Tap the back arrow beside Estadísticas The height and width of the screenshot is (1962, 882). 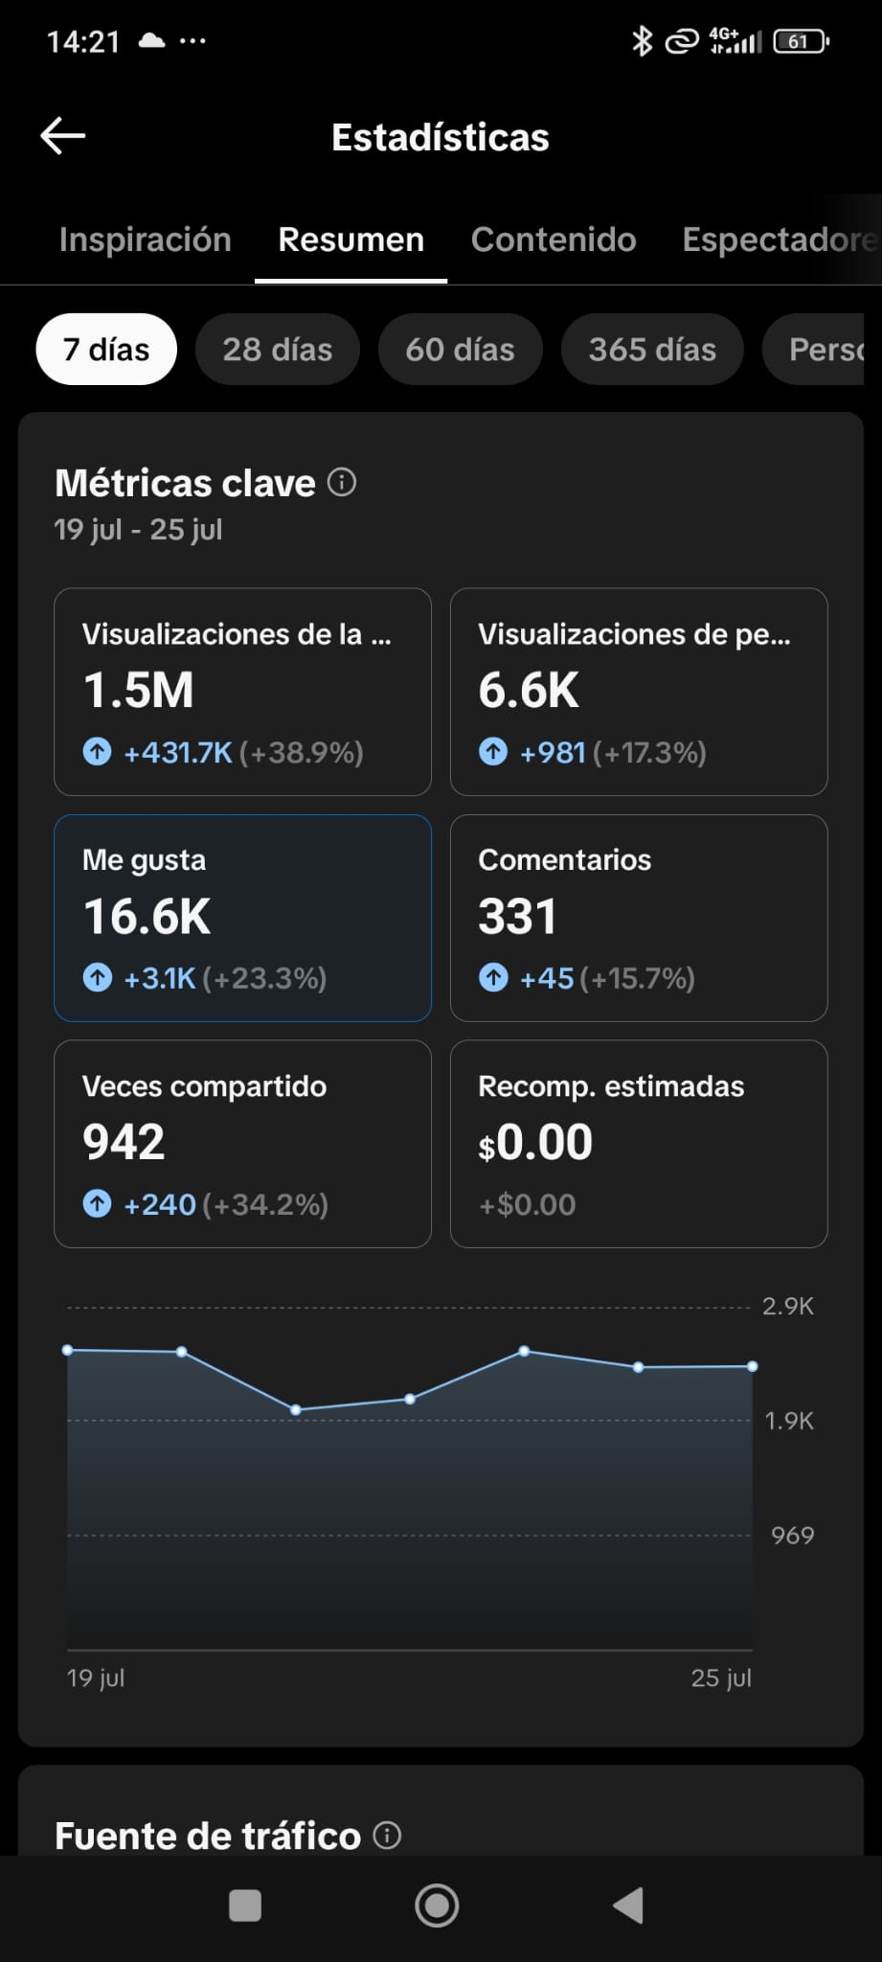pyautogui.click(x=63, y=136)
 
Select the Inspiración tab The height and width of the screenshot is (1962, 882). pyautogui.click(x=146, y=240)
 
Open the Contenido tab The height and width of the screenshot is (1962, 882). pyautogui.click(x=554, y=240)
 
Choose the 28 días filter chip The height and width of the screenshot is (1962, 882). pyautogui.click(x=278, y=350)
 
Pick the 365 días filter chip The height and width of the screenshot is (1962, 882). pyautogui.click(x=652, y=350)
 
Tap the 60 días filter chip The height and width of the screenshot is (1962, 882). pyautogui.click(x=460, y=350)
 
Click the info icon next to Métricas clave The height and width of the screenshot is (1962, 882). pyautogui.click(x=342, y=482)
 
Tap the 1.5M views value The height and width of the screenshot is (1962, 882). pyautogui.click(x=139, y=691)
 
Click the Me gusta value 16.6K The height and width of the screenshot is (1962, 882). pyautogui.click(x=147, y=917)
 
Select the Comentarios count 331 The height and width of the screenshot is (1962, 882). pyautogui.click(x=517, y=917)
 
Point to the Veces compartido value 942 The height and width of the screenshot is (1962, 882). pyautogui.click(x=124, y=1142)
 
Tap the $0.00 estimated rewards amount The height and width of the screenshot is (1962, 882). pyautogui.click(x=535, y=1142)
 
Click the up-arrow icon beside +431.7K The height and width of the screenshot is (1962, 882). pyautogui.click(x=97, y=752)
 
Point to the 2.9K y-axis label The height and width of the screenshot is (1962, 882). pyautogui.click(x=788, y=1307)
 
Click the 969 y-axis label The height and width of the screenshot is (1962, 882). pyautogui.click(x=793, y=1536)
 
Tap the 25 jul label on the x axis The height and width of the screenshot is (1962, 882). pyautogui.click(x=721, y=1678)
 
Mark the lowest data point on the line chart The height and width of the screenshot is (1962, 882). pyautogui.click(x=296, y=1410)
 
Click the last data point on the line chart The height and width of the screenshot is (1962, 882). pyautogui.click(x=753, y=1366)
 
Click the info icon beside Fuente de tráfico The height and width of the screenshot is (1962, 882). pyautogui.click(x=387, y=1836)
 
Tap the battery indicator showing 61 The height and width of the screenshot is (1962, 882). pyautogui.click(x=802, y=41)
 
